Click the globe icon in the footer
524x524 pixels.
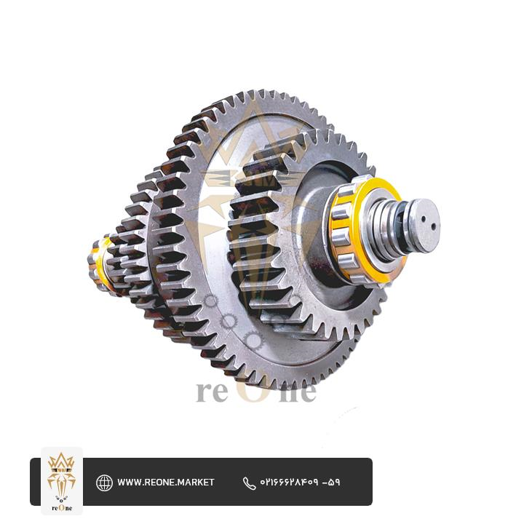click(104, 483)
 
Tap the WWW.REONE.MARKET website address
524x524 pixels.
click(165, 483)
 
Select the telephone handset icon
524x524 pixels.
click(249, 483)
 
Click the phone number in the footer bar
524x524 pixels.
click(300, 483)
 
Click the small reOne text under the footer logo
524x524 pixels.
click(62, 508)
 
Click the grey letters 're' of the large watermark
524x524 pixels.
click(212, 392)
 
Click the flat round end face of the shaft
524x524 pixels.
click(424, 225)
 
